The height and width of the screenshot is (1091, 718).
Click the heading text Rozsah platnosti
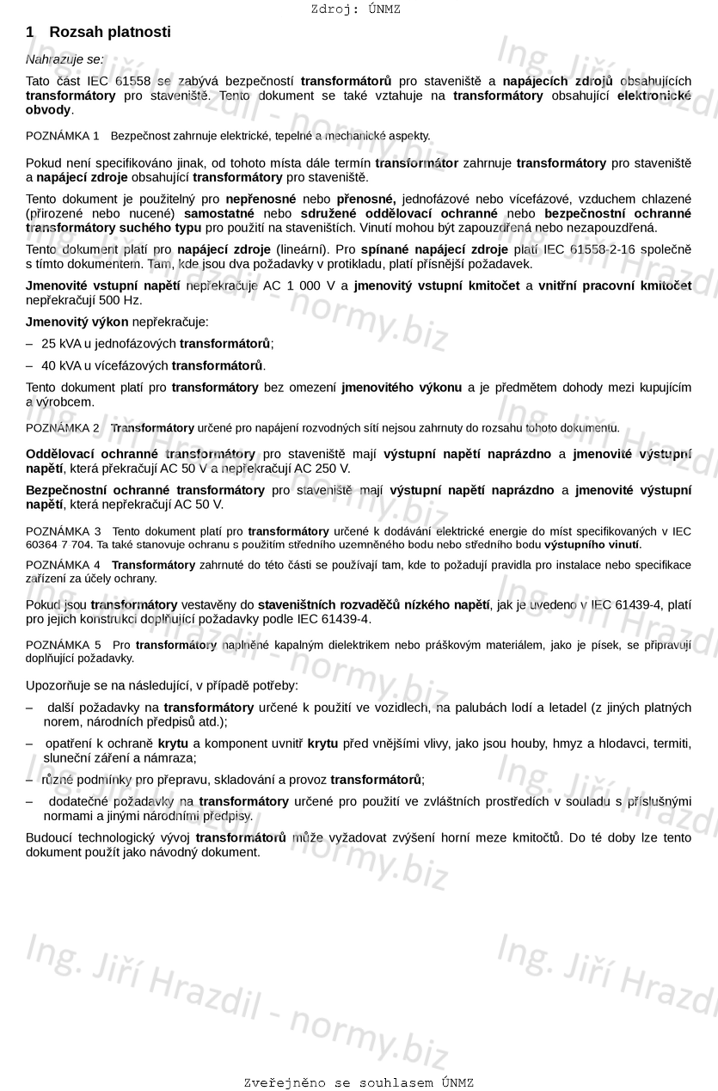pos(110,33)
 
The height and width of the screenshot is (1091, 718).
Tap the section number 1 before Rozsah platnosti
pos(30,33)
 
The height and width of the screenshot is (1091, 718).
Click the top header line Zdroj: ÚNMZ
pos(355,9)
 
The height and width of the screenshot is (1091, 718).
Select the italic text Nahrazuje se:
pos(64,60)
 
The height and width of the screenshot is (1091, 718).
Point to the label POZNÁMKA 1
pos(63,136)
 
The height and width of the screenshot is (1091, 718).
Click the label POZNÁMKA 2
pos(63,428)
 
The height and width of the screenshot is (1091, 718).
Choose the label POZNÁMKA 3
pos(63,531)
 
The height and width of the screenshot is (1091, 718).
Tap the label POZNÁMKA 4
pos(63,565)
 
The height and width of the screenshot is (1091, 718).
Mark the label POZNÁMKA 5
pos(63,645)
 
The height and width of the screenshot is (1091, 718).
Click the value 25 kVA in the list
pos(60,343)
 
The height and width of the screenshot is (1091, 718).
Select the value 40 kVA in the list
pos(60,365)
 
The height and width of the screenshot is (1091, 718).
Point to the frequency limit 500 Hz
pos(124,300)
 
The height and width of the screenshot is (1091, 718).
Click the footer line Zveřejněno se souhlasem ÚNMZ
pos(359,1082)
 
